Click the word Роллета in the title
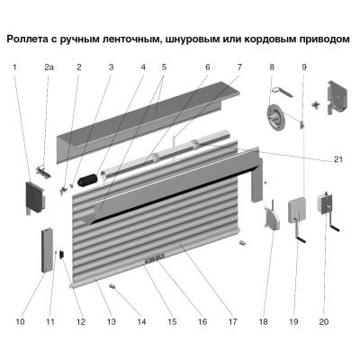pos(33,40)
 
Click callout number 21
pos(338,159)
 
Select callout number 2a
pos(49,67)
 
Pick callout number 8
pos(271,67)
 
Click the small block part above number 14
pos(114,285)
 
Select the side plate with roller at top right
pos(334,100)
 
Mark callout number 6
pos(207,67)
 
